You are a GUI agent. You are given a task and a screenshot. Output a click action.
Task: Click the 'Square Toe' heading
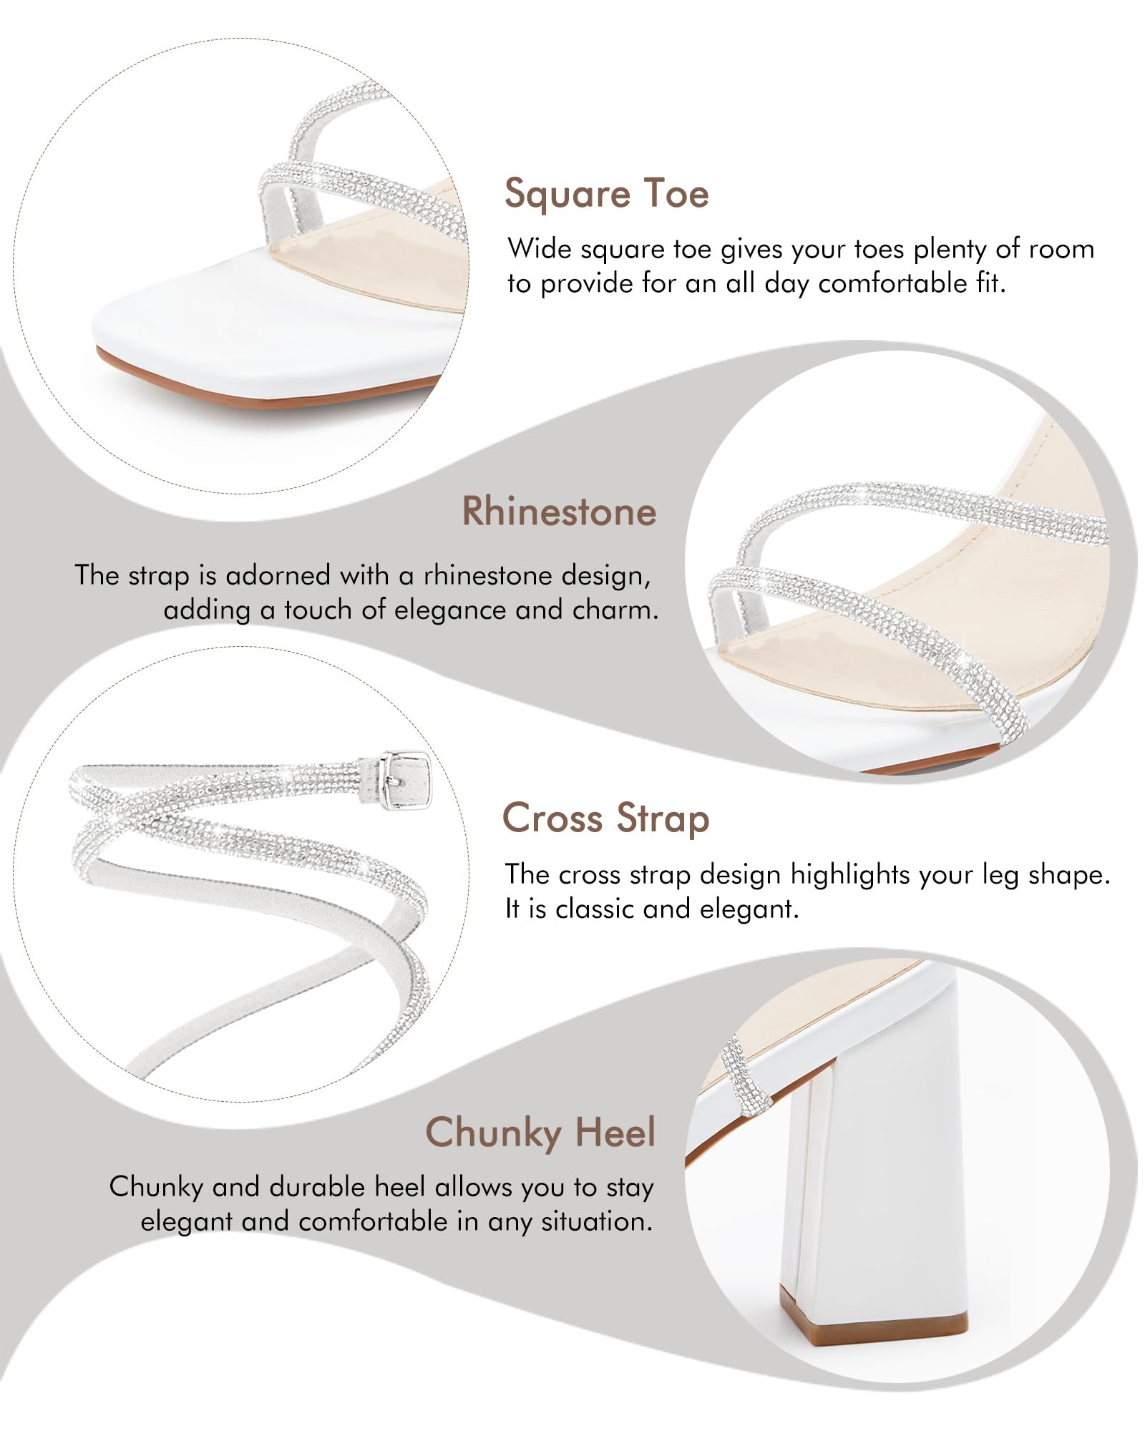(607, 194)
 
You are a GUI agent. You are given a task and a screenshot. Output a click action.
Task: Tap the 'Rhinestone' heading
(559, 512)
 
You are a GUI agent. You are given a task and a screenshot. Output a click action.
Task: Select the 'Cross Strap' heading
(605, 819)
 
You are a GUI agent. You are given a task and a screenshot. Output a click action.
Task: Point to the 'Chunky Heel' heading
(540, 1133)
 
